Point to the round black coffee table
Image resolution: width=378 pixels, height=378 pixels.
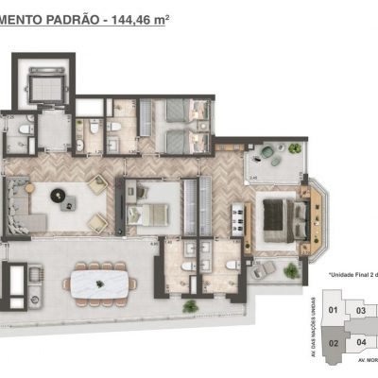56,196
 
